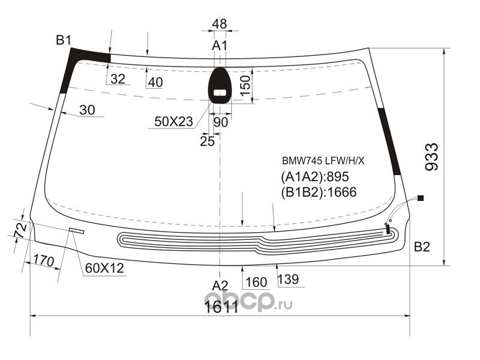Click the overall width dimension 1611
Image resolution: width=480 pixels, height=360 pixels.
pyautogui.click(x=221, y=307)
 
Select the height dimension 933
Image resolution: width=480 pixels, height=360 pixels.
pyautogui.click(x=432, y=157)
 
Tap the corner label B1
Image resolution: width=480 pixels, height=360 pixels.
pyautogui.click(x=64, y=40)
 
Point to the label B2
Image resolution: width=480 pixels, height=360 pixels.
pyautogui.click(x=422, y=247)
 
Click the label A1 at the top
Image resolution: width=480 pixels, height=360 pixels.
pyautogui.click(x=220, y=46)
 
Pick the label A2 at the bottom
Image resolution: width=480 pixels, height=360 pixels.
pyautogui.click(x=220, y=286)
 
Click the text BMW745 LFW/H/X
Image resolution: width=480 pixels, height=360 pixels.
pyautogui.click(x=323, y=161)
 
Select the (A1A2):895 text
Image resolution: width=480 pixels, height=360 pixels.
pyautogui.click(x=314, y=176)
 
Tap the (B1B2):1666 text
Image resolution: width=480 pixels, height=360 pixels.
pyautogui.click(x=319, y=192)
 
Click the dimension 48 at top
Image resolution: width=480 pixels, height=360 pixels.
pyautogui.click(x=220, y=24)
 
